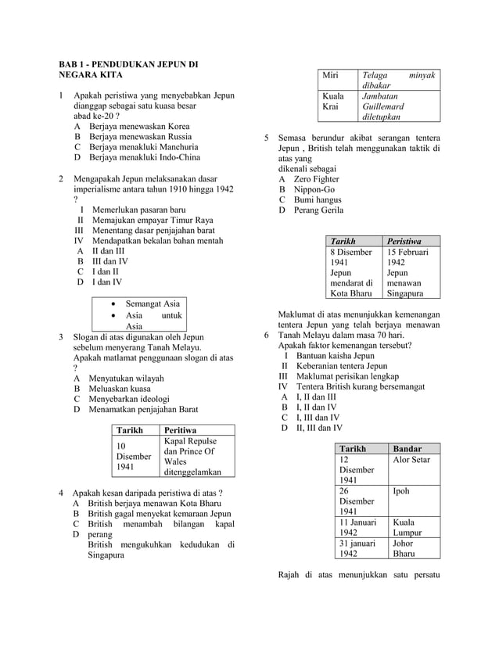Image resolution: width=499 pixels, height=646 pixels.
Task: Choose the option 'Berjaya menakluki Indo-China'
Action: point(145,157)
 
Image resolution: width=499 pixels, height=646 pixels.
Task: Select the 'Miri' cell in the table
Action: point(332,75)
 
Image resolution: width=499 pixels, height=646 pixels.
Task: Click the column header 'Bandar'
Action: point(407,449)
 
